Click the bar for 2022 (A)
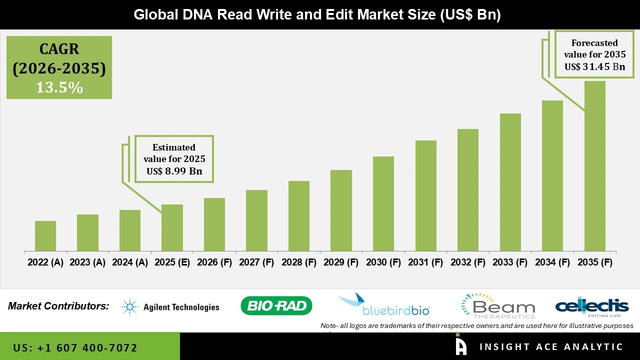[45, 236]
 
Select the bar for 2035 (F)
[594, 166]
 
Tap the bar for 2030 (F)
[383, 203]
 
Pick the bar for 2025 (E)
[172, 227]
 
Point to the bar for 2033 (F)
[510, 182]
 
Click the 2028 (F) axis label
[299, 262]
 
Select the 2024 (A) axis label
[130, 262]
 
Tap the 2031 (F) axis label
[425, 262]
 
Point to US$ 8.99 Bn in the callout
[174, 171]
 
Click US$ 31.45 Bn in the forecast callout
[594, 66]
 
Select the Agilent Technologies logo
[170, 306]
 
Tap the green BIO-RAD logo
[276, 305]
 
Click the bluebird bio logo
[384, 305]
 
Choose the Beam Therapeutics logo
[498, 306]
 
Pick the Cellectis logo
[591, 306]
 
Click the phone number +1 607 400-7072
[75, 347]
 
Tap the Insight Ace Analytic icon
[460, 346]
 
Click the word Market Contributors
[58, 305]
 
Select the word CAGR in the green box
[59, 49]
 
